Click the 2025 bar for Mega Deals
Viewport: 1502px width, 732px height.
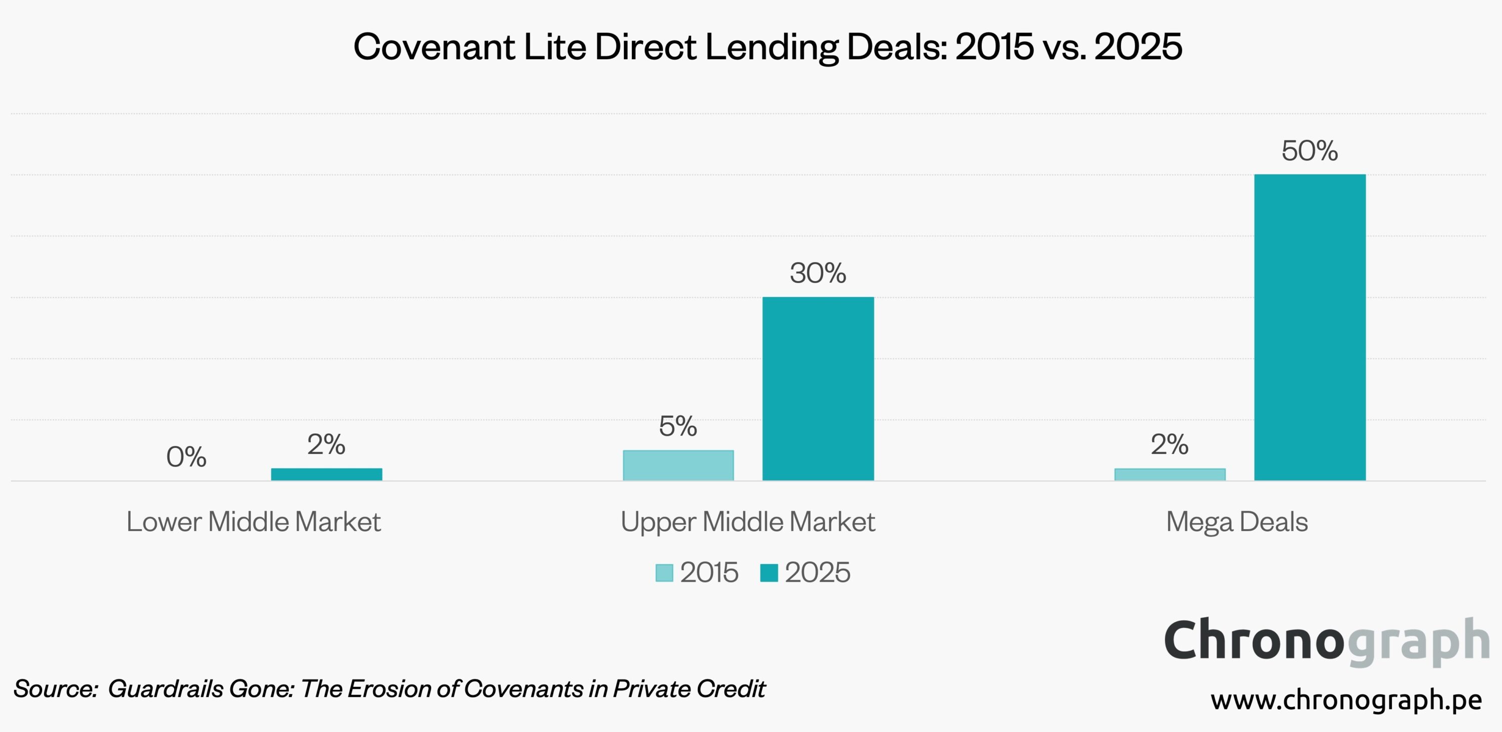point(1310,327)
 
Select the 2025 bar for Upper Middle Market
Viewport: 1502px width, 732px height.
point(818,388)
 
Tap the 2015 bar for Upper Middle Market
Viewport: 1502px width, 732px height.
point(678,465)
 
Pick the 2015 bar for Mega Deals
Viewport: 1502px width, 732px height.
point(1170,474)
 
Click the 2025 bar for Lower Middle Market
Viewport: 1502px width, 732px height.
point(326,474)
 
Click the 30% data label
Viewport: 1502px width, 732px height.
point(818,273)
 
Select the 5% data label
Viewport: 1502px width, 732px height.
point(678,426)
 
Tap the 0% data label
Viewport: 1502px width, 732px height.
point(186,457)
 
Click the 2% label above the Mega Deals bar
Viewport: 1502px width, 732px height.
point(1170,444)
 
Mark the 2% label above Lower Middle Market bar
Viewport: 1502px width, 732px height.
point(326,444)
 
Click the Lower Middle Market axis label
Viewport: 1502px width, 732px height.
point(254,522)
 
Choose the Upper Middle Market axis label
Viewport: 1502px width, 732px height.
point(747,522)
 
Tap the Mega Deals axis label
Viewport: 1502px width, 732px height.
point(1237,522)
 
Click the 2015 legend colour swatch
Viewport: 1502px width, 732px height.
point(664,573)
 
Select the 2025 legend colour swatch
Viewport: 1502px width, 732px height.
point(769,573)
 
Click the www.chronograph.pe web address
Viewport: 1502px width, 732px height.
point(1346,699)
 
